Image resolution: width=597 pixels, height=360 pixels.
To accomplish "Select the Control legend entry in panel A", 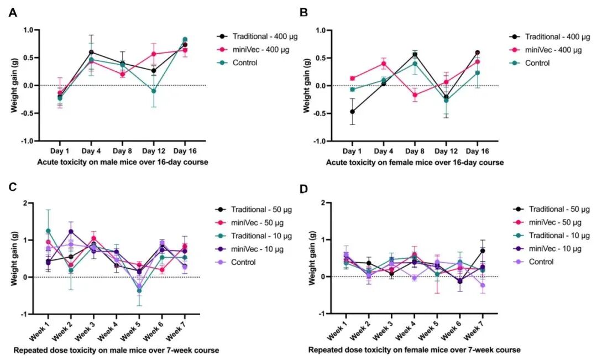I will pos(244,62).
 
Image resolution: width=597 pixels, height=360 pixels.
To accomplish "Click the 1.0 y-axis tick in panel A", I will pos(27,30).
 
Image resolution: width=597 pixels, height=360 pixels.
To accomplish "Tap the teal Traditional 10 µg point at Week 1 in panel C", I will pos(49,231).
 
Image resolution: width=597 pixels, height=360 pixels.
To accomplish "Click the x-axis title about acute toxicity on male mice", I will pos(117,163).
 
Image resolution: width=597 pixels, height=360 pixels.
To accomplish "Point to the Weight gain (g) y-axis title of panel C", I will pos(13,258).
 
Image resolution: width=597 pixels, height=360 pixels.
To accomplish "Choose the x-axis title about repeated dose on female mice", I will pos(413,350).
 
